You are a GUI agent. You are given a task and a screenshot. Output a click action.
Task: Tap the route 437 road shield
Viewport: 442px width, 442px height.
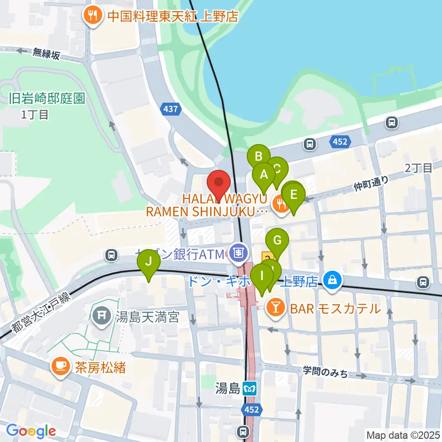click(x=170, y=109)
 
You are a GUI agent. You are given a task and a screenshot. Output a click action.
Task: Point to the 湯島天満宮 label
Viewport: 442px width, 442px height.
click(x=147, y=317)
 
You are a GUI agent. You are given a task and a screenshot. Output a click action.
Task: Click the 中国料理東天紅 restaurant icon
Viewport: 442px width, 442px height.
click(x=92, y=17)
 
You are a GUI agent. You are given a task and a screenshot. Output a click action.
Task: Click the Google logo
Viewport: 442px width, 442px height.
click(x=30, y=431)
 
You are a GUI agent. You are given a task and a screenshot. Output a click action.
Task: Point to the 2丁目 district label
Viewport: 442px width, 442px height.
click(x=419, y=168)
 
